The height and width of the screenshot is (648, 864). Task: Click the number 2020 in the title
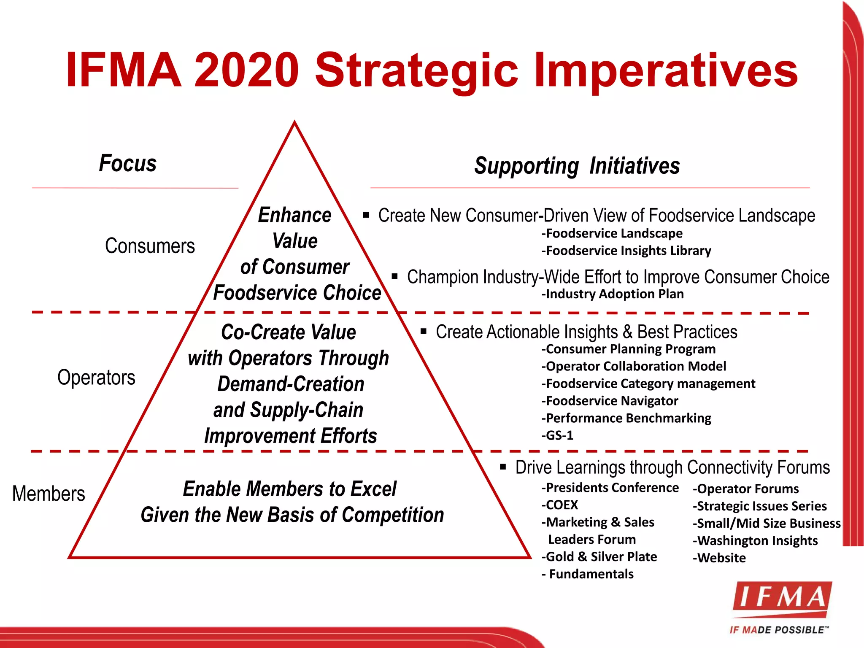(247, 70)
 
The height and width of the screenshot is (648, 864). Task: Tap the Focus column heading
(127, 163)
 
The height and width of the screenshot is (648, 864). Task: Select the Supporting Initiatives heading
(577, 166)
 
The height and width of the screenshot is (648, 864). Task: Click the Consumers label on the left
(150, 246)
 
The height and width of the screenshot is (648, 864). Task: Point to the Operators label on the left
(96, 377)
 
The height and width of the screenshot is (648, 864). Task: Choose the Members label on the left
(49, 494)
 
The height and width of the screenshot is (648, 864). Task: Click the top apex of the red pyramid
(294, 123)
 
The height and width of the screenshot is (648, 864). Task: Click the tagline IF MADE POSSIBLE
(778, 630)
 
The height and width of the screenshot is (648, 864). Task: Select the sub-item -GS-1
(557, 435)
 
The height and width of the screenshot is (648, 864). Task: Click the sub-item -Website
(719, 558)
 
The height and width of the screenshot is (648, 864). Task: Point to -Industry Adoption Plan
(613, 294)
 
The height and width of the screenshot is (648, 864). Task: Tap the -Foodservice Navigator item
(610, 401)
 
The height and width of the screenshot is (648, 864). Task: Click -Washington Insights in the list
(755, 541)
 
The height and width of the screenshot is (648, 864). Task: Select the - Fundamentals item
(588, 574)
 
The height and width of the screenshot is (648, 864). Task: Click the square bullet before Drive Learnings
(503, 467)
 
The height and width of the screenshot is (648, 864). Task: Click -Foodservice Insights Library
(626, 251)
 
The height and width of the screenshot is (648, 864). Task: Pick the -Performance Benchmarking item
(626, 418)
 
